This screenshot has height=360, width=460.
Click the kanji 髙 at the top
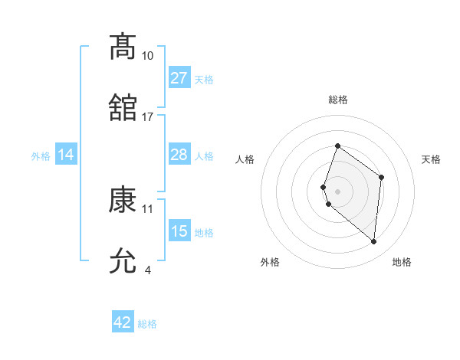[x=123, y=47]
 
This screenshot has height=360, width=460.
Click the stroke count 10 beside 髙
[x=148, y=56]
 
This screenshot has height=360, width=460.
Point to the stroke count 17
[x=148, y=117]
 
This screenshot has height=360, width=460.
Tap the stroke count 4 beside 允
[x=148, y=270]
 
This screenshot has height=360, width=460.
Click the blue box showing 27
[x=179, y=78]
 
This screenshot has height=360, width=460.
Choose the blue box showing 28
[x=179, y=155]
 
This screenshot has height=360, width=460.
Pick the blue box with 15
[x=179, y=231]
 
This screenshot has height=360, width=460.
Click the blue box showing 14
[x=66, y=155]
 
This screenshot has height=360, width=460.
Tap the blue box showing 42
[x=123, y=322]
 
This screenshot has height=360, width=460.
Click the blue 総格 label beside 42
[x=147, y=324]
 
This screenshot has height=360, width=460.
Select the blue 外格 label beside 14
[x=41, y=156]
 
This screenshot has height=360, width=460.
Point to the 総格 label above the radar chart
[x=337, y=100]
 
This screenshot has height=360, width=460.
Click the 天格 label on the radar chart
[x=431, y=159]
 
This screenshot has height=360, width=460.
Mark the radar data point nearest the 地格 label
[x=373, y=241]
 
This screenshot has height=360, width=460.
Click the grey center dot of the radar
[x=337, y=191]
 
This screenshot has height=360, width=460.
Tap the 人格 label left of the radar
[x=245, y=159]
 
